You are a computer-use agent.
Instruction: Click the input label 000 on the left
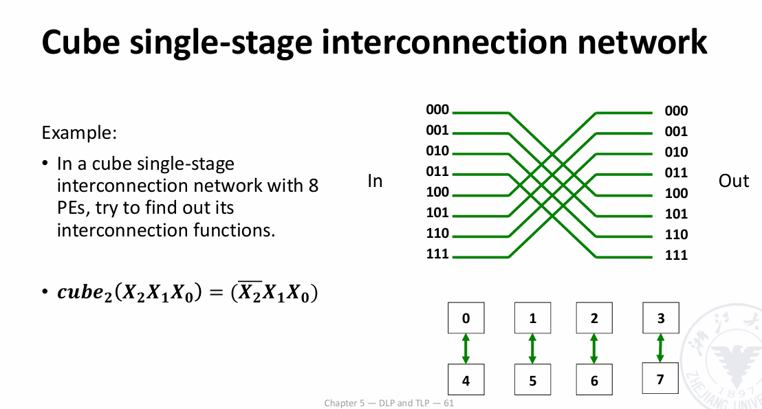tap(437, 110)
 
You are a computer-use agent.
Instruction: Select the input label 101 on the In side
tap(437, 213)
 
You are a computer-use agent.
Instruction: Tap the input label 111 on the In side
tap(437, 254)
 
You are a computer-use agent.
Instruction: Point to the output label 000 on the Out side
tap(676, 111)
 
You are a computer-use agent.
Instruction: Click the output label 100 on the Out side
tap(676, 194)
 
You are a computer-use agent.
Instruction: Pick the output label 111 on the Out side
tap(676, 256)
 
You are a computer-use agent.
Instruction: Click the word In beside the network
tap(375, 181)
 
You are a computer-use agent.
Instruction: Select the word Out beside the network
tap(733, 181)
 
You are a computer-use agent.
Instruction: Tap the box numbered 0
tap(466, 318)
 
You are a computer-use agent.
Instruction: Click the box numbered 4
tap(466, 381)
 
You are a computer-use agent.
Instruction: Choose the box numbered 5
tap(532, 381)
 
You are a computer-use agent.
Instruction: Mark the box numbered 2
tap(594, 318)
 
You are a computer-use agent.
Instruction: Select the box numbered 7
tap(660, 378)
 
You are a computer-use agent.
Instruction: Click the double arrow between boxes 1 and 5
tap(532, 349)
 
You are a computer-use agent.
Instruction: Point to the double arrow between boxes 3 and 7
tap(660, 348)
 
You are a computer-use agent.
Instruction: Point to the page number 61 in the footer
tap(448, 403)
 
